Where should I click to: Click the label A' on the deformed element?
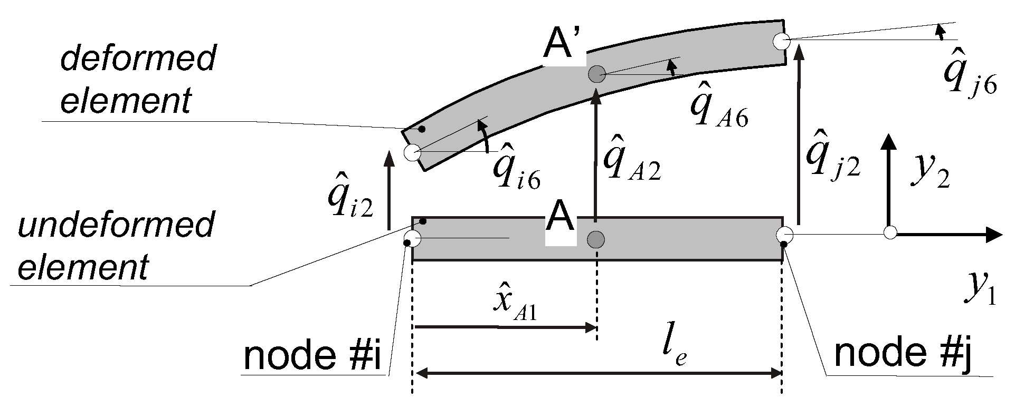(563, 48)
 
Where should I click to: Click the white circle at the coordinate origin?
(890, 232)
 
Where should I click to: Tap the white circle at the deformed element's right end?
(781, 41)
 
